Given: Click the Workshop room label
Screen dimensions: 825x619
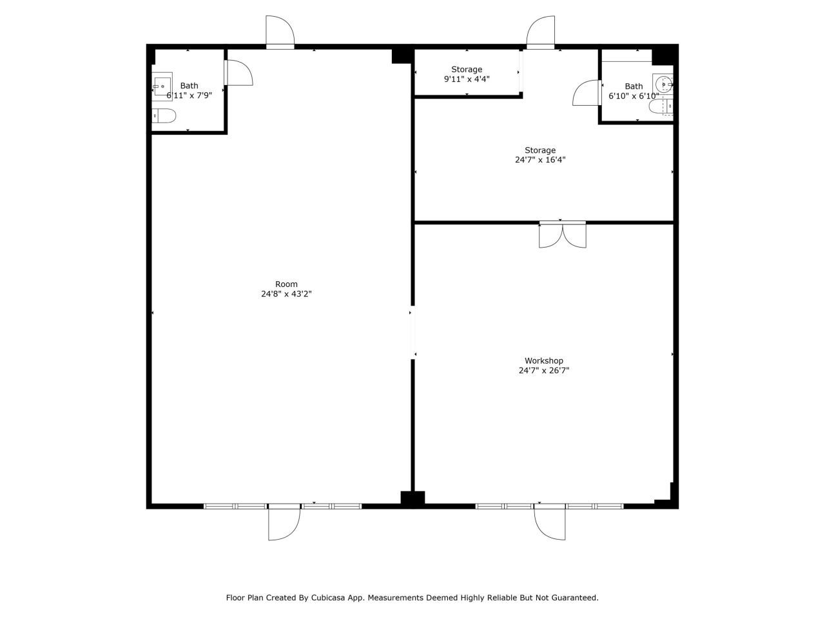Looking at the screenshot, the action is pyautogui.click(x=543, y=361).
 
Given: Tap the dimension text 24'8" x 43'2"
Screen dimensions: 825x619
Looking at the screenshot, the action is pyautogui.click(x=286, y=294).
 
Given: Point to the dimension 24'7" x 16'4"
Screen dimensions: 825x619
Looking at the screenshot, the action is pyautogui.click(x=540, y=160).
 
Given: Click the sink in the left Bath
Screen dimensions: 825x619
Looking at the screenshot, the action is pyautogui.click(x=162, y=86).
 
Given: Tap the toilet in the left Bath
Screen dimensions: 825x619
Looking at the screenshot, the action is pyautogui.click(x=164, y=116).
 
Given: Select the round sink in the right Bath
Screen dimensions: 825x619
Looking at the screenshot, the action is pyautogui.click(x=663, y=84).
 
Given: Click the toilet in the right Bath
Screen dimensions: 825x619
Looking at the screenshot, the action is pyautogui.click(x=661, y=107).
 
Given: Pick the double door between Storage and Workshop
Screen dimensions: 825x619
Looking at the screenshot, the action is pyautogui.click(x=562, y=235).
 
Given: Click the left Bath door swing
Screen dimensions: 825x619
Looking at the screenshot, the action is pyautogui.click(x=238, y=72).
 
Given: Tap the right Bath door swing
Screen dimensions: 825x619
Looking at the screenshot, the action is pyautogui.click(x=587, y=93).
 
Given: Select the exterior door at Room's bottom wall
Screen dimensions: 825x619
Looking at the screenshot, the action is pyautogui.click(x=284, y=522).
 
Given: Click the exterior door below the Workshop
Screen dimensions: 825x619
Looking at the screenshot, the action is pyautogui.click(x=550, y=522).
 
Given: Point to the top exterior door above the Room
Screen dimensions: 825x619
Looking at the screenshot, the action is pyautogui.click(x=280, y=32).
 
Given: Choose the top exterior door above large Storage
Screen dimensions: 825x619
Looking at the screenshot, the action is pyautogui.click(x=541, y=32).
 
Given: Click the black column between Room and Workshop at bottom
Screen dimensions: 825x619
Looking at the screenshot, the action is pyautogui.click(x=412, y=498).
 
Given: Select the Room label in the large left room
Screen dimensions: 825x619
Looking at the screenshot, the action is pyautogui.click(x=286, y=284).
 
